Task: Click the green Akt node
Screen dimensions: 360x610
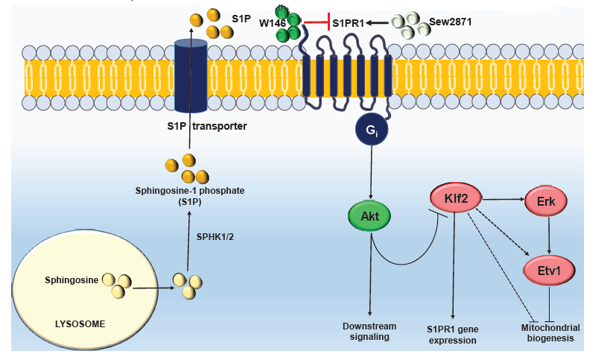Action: point(371,217)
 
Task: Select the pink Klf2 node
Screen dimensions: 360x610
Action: point(456,200)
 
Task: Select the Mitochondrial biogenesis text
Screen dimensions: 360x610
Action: point(551,332)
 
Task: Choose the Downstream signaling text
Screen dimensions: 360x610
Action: point(369,332)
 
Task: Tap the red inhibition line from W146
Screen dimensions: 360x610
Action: point(317,24)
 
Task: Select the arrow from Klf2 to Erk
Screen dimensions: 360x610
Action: point(505,200)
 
